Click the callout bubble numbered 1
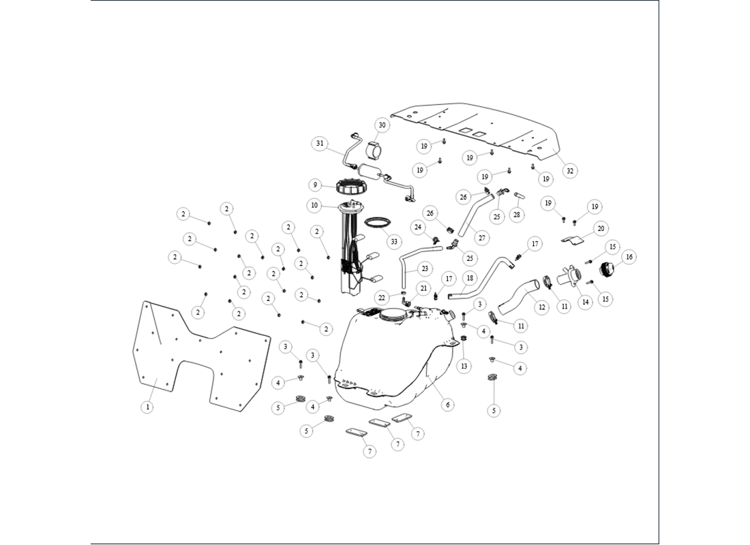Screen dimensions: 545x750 [x=146, y=407]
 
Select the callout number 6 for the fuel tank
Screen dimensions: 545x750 [x=447, y=405]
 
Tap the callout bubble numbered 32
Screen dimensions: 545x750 [x=570, y=170]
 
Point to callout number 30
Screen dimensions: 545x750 [x=382, y=125]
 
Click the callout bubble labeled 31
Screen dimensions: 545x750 [x=320, y=144]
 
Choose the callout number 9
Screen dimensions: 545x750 [x=314, y=185]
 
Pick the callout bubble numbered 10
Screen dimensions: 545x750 [x=314, y=204]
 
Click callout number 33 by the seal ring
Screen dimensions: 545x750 [x=393, y=241]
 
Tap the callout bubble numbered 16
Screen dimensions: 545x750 [x=629, y=257]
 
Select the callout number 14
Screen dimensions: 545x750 [x=584, y=302]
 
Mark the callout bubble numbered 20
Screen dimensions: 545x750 [x=600, y=228]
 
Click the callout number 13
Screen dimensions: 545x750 [x=464, y=366]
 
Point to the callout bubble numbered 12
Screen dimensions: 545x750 [x=541, y=307]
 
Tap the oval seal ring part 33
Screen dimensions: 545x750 [x=377, y=222]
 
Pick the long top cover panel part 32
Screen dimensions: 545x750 [x=477, y=129]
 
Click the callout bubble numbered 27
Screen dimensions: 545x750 [x=482, y=238]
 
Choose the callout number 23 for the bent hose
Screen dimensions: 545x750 [x=425, y=268]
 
